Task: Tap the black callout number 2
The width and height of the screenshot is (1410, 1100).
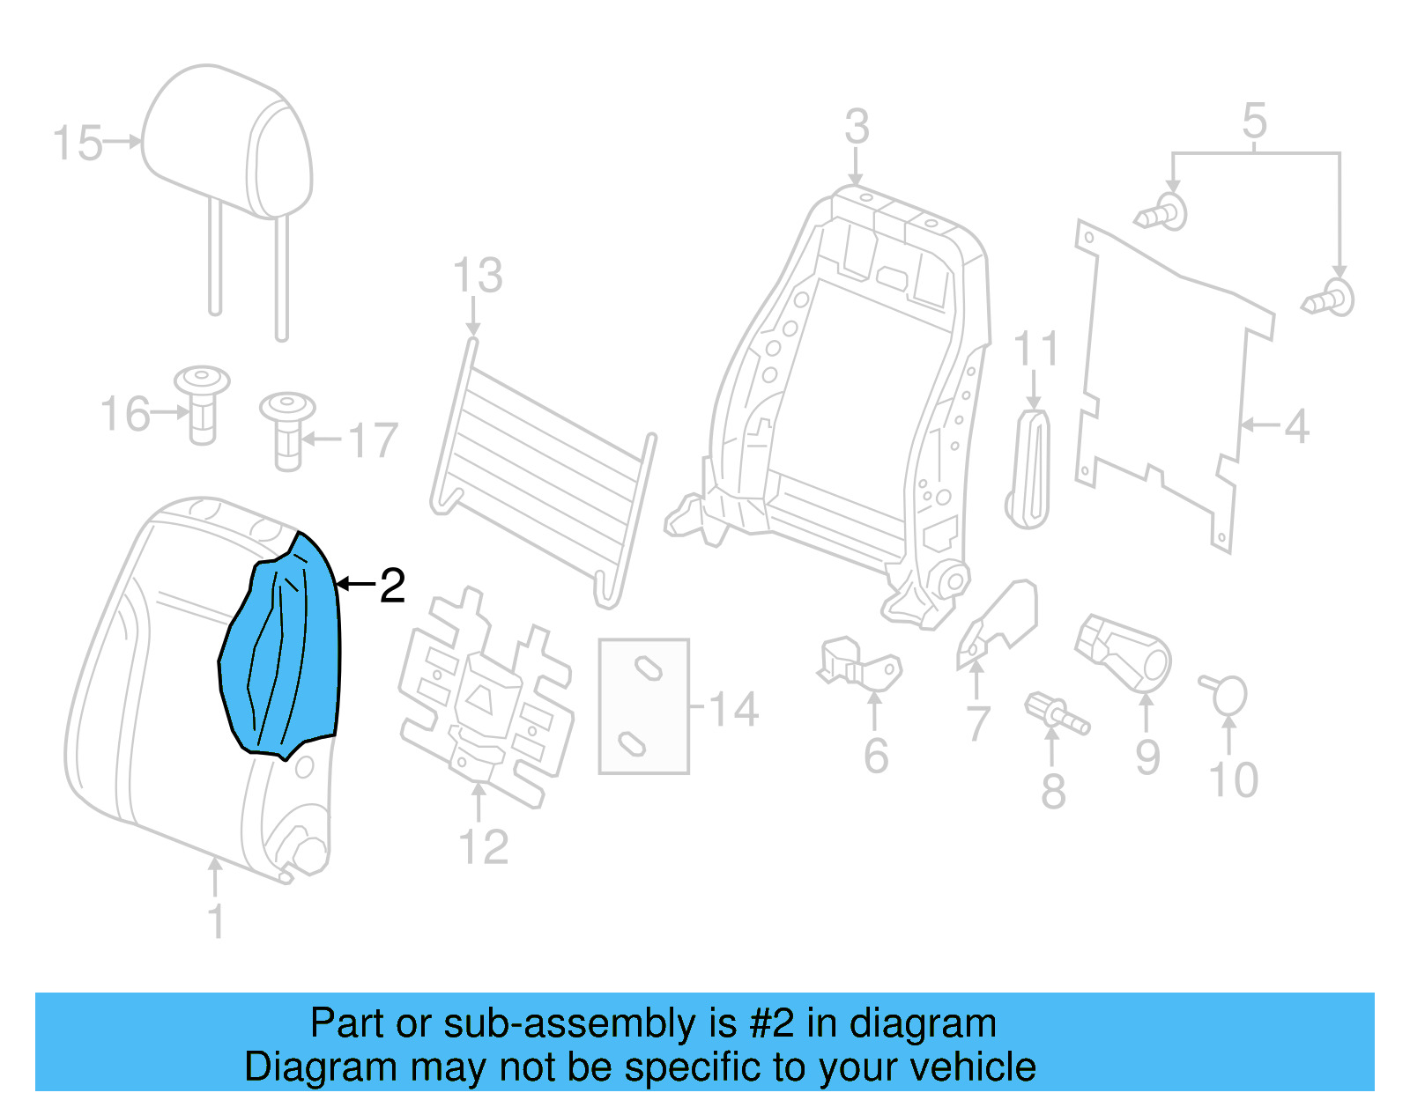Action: pyautogui.click(x=392, y=586)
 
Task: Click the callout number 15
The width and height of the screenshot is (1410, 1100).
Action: pyautogui.click(x=78, y=144)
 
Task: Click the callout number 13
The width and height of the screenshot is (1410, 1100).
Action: pyautogui.click(x=478, y=276)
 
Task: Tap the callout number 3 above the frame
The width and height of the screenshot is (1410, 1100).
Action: pyautogui.click(x=857, y=128)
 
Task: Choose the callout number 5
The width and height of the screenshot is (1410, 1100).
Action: pyautogui.click(x=1254, y=121)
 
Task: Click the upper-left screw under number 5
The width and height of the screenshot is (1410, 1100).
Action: pyautogui.click(x=1162, y=212)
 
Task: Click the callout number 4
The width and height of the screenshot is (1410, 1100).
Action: pyautogui.click(x=1295, y=427)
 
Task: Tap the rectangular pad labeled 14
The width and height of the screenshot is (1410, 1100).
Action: pyautogui.click(x=643, y=705)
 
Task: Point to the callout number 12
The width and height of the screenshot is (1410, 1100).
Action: pyautogui.click(x=484, y=847)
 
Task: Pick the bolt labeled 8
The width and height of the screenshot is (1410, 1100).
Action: pyautogui.click(x=1057, y=713)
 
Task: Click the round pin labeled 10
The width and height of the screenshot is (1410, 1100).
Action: pyautogui.click(x=1227, y=694)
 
